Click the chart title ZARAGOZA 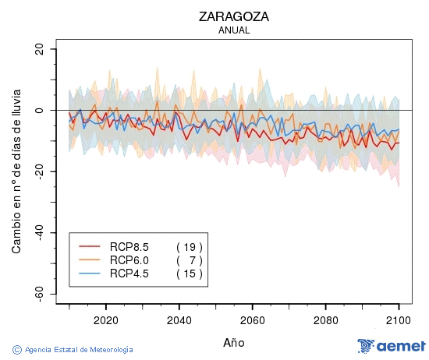(234, 16)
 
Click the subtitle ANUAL (234, 30)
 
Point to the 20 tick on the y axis (39, 49)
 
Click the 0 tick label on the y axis (39, 111)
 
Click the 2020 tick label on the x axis (105, 319)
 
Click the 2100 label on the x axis (399, 319)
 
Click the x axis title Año (234, 341)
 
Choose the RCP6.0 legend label (129, 260)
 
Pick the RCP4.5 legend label (129, 274)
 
